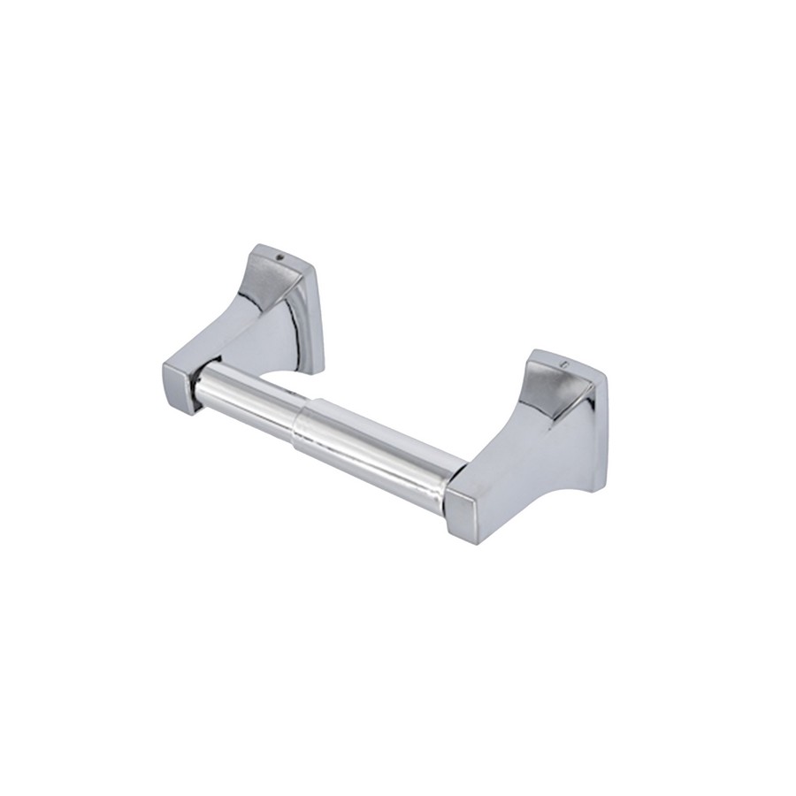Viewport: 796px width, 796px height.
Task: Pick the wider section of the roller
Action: click(x=380, y=443)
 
